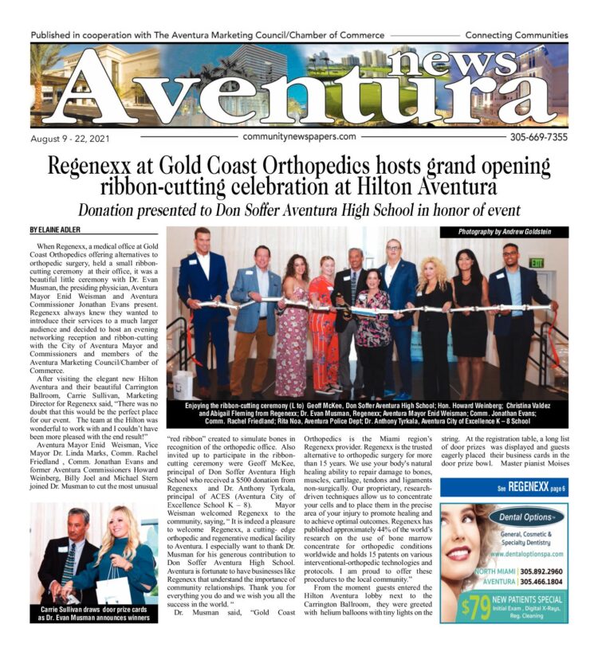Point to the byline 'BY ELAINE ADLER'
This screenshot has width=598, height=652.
point(58,230)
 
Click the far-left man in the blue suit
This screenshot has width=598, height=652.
point(203,311)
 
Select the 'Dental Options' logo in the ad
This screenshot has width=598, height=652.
point(526,516)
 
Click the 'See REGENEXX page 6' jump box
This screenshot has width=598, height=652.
point(504,487)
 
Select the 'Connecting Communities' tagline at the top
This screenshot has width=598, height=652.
point(515,36)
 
